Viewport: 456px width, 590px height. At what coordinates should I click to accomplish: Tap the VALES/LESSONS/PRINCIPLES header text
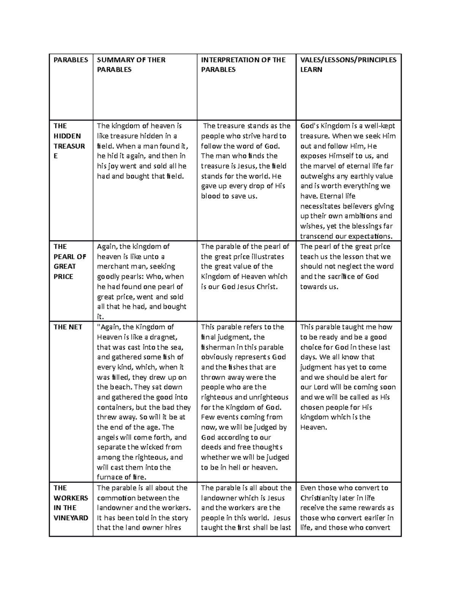click(348, 60)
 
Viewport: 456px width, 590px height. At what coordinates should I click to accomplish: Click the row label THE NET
click(68, 327)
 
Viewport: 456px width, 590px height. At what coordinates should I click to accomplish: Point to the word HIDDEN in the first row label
click(67, 136)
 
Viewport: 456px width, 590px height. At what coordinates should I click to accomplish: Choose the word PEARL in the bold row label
click(65, 256)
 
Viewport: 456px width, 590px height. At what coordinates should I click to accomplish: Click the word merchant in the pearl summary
click(113, 267)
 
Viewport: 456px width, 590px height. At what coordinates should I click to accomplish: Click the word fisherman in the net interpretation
click(218, 347)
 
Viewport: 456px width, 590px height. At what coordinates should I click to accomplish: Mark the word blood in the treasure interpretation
click(211, 196)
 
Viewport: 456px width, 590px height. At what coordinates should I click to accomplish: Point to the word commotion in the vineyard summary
click(116, 498)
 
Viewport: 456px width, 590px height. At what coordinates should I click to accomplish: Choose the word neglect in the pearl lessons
click(345, 267)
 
